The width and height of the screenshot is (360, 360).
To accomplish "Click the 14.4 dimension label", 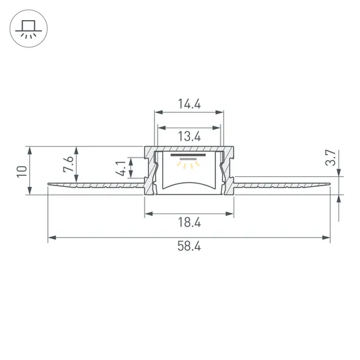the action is click(x=189, y=104).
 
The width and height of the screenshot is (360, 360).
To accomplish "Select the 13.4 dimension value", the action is click(x=189, y=136).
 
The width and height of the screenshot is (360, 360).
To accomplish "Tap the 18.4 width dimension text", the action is click(x=189, y=222).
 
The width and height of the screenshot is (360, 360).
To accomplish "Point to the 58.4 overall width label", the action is click(x=189, y=246).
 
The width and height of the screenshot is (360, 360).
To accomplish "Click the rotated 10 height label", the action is click(x=22, y=171).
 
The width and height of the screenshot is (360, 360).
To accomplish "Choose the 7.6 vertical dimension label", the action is click(x=68, y=163).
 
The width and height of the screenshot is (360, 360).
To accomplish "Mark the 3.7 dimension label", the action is click(x=331, y=158).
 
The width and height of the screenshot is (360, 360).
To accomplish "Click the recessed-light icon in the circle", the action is click(x=29, y=29).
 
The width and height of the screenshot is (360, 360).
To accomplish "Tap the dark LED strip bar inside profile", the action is click(x=188, y=155).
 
